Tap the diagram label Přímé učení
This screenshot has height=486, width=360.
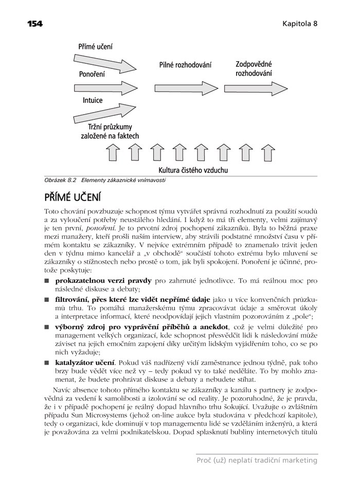95,46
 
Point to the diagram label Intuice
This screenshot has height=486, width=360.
93,101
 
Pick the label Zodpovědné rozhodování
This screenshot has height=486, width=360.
254,69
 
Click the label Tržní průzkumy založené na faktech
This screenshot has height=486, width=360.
110,131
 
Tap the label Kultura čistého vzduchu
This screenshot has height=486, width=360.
193,170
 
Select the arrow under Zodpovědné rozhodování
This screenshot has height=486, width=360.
255,84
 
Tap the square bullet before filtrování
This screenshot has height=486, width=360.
46,298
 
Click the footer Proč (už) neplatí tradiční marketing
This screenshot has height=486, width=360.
257,460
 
